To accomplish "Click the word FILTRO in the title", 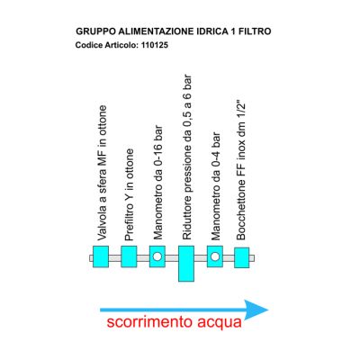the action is click(x=255, y=31).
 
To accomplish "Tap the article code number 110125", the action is click(x=154, y=45).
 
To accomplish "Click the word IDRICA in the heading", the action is click(x=212, y=31).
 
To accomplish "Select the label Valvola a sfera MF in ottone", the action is click(x=102, y=173).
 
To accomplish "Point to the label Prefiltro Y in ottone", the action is click(x=129, y=194).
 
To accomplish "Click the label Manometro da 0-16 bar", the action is click(x=157, y=183).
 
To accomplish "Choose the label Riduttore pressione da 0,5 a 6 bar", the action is click(x=186, y=157).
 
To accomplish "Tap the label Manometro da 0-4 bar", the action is click(x=215, y=186).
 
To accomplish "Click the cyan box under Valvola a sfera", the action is click(x=101, y=256).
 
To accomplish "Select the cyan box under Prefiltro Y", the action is click(x=129, y=256).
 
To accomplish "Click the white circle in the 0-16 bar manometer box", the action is click(x=157, y=256).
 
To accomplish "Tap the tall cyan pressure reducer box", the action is click(x=186, y=264).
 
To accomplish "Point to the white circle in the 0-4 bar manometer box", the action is click(x=215, y=256).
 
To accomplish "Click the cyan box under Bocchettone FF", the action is click(x=242, y=257).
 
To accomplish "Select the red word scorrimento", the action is click(x=149, y=322).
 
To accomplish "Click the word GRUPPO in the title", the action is click(x=96, y=31).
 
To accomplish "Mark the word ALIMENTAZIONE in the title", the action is click(x=157, y=31).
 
